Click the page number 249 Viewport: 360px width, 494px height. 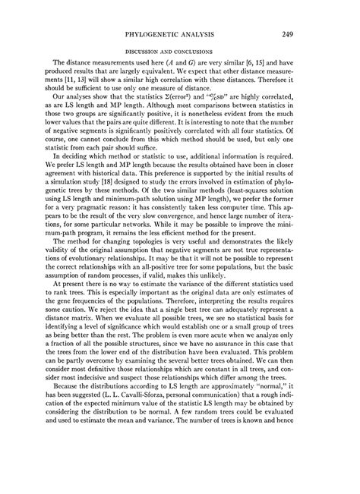click(309, 34)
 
